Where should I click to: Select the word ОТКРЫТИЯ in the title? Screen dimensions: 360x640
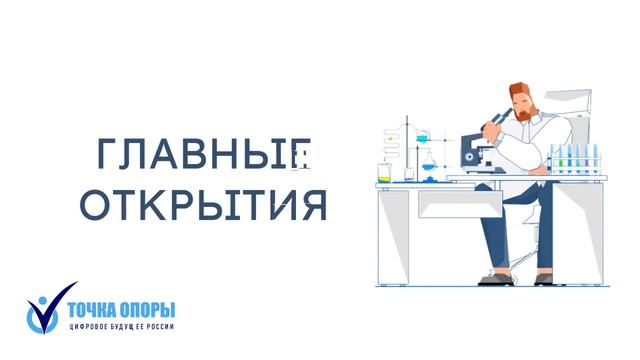tap(204, 204)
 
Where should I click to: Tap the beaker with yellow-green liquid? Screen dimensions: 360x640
tap(384, 173)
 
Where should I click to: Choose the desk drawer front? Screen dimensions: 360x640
tap(451, 205)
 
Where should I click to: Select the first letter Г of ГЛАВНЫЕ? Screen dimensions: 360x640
tap(108, 154)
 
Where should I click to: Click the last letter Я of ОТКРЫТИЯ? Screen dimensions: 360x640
tap(315, 204)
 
